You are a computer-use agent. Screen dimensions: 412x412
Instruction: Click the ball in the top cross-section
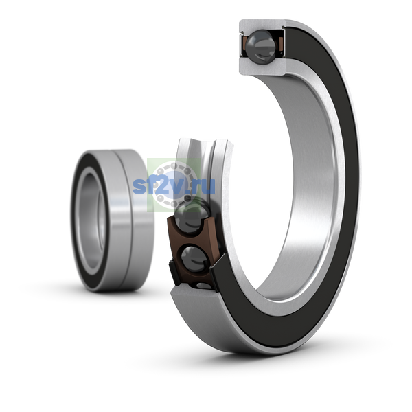[x=261, y=47]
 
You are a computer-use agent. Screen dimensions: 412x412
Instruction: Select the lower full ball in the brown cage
[x=194, y=259]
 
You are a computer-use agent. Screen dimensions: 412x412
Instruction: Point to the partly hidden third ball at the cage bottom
[x=204, y=286]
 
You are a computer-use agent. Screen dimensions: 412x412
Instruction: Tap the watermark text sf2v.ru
[x=174, y=186]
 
